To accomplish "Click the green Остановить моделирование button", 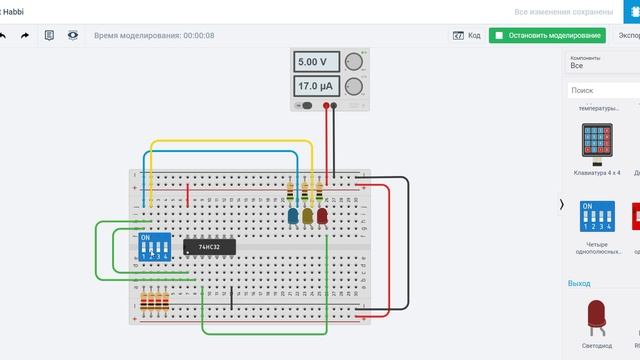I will pyautogui.click(x=548, y=35).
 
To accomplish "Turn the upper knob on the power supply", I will pyautogui.click(x=354, y=62).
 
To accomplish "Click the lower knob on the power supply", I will pyautogui.click(x=354, y=88).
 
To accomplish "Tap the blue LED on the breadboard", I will pyautogui.click(x=293, y=215).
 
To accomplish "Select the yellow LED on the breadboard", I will pyautogui.click(x=308, y=215).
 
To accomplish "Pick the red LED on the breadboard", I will pyautogui.click(x=322, y=215).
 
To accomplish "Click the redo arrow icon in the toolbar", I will pyautogui.click(x=25, y=35).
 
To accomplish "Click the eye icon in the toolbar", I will pyautogui.click(x=73, y=35).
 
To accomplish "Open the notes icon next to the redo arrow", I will pyautogui.click(x=49, y=35).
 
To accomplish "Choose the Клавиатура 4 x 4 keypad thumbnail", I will pyautogui.click(x=597, y=146).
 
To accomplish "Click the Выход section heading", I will pyautogui.click(x=579, y=283).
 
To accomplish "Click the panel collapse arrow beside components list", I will pyautogui.click(x=561, y=205).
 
